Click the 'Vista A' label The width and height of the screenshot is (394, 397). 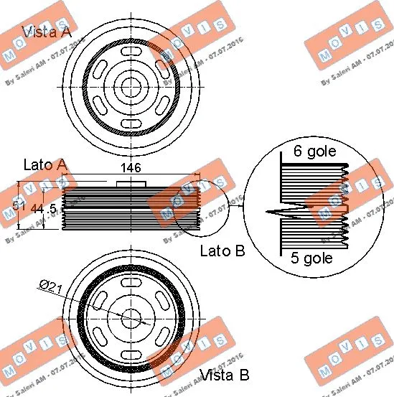tap(47, 32)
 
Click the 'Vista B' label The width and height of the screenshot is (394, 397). tap(224, 375)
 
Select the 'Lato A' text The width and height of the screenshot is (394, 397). tap(45, 165)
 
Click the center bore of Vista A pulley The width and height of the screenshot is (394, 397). tap(130, 87)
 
